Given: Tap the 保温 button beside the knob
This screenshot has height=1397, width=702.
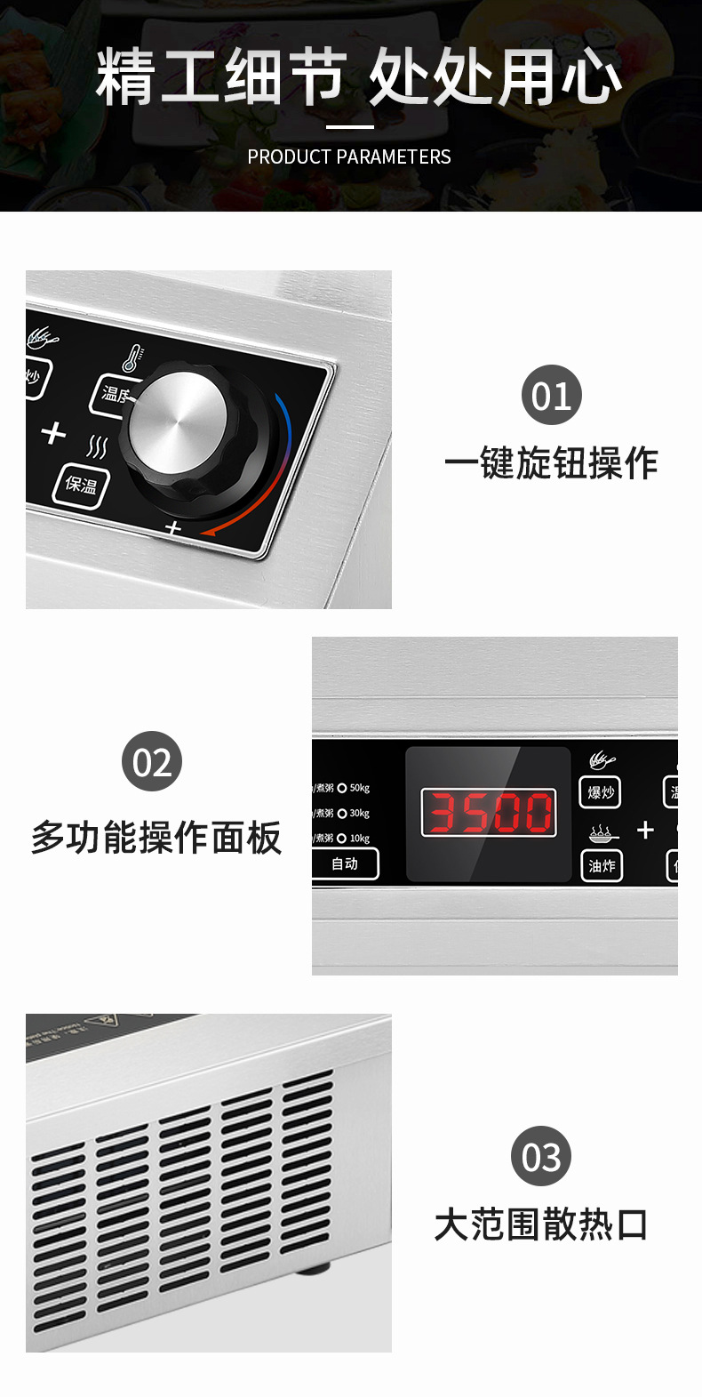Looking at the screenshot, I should pos(80,485).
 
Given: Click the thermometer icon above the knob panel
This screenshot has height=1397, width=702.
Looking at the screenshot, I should pos(132,357).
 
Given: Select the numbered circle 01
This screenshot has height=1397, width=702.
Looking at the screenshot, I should pos(551,395).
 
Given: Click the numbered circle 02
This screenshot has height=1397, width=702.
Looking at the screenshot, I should pos(152,761).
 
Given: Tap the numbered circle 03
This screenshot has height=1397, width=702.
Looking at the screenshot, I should pos(541,1156).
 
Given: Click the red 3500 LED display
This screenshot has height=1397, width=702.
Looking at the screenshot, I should pos(488,812).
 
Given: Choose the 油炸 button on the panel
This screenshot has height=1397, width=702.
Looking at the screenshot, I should pos(601,865).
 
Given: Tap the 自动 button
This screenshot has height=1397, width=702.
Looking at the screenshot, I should pos(345,863).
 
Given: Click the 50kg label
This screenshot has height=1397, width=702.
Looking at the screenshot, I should pos(360,788).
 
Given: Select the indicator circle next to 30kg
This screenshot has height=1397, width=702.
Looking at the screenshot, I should pos(342,814).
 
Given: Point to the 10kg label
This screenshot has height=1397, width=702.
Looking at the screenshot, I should pos(360,839).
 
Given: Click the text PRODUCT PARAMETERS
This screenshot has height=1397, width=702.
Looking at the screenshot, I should pos(349,157).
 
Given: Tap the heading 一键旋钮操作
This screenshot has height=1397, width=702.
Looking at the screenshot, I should pos(551,463).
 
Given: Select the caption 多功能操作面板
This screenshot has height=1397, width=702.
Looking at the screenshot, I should pos(156,838).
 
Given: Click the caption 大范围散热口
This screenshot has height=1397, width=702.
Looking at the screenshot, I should pos(541,1224).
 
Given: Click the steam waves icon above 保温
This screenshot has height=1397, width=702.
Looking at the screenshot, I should pos(97,446).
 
